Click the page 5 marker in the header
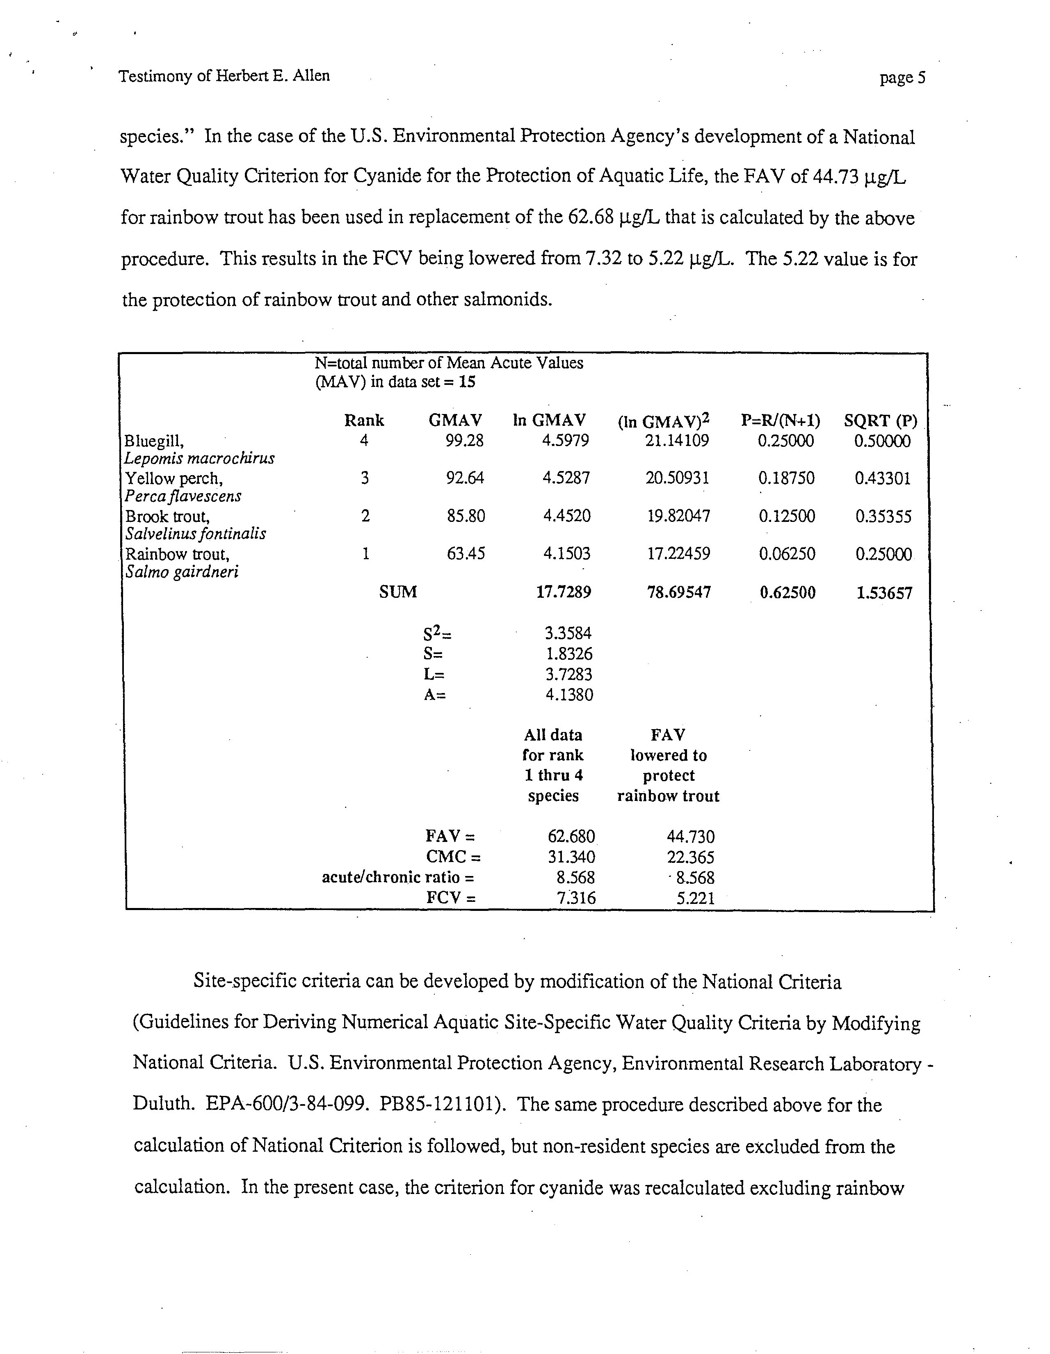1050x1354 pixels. pyautogui.click(x=902, y=78)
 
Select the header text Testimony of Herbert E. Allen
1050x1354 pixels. pyautogui.click(x=224, y=75)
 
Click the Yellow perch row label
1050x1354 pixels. pyautogui.click(x=174, y=478)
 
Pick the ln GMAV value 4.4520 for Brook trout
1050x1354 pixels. pyautogui.click(x=566, y=516)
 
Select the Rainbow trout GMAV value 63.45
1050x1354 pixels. pyautogui.click(x=466, y=553)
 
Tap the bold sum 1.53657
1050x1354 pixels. pyautogui.click(x=884, y=593)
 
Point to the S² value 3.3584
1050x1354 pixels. pyautogui.click(x=568, y=633)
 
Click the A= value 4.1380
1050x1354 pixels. pyautogui.click(x=569, y=694)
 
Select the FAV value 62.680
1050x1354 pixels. pyautogui.click(x=571, y=836)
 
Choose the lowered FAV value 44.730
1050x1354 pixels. pyautogui.click(x=690, y=836)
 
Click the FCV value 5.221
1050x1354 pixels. pyautogui.click(x=696, y=898)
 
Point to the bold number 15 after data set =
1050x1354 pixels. pyautogui.click(x=467, y=382)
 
